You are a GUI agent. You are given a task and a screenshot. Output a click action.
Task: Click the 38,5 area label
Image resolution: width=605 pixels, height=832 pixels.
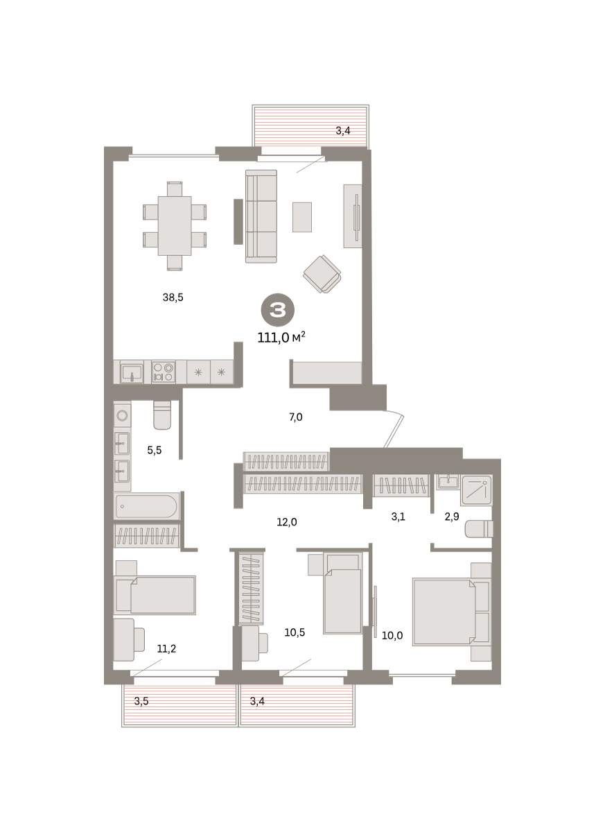173,297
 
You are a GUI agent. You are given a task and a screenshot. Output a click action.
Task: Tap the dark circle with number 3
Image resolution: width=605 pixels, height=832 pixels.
278,309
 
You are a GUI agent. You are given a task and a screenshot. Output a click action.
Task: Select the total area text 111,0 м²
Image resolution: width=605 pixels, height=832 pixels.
281,338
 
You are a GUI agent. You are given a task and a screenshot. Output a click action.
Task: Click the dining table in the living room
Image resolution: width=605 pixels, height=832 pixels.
175,226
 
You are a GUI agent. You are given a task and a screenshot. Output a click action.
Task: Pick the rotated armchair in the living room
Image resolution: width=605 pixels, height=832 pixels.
322,274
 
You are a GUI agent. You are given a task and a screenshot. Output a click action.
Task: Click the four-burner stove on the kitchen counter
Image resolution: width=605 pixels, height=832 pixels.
164,372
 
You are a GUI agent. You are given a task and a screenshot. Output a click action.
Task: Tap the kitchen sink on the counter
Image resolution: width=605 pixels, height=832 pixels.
132,372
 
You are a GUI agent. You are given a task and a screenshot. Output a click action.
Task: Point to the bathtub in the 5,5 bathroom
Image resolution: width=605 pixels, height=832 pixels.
146,506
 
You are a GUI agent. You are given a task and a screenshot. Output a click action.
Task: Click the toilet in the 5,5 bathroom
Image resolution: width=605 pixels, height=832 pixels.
162,415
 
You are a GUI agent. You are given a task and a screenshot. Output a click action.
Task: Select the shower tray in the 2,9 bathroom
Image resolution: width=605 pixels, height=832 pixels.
477,490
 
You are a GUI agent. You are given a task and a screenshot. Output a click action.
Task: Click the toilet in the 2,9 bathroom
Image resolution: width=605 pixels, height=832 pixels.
479,529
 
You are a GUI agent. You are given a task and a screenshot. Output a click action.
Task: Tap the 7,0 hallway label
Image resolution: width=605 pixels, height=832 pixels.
295,417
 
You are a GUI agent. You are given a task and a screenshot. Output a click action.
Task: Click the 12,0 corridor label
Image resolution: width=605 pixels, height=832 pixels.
286,522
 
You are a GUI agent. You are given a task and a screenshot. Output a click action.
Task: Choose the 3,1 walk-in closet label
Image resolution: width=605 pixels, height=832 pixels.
398,517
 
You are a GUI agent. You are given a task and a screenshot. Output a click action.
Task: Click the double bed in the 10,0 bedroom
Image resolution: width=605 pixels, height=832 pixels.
444,612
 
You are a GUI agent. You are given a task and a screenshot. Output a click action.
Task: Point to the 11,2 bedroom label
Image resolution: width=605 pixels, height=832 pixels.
166,649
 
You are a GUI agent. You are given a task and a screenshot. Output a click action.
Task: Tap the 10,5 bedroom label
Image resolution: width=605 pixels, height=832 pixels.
295,632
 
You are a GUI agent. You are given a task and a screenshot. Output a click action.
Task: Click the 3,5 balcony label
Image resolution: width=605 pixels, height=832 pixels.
141,701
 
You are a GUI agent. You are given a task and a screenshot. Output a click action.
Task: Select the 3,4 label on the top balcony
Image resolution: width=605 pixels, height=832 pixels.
343,131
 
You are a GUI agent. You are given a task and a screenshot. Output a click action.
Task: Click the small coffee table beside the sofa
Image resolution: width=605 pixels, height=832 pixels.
301,217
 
